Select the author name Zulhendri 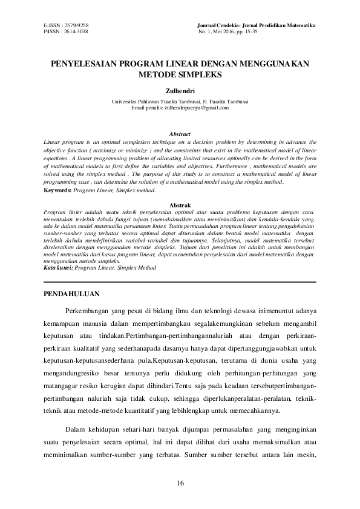pyautogui.click(x=180, y=91)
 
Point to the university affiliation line pyautogui.click(x=180, y=102)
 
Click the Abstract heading pyautogui.click(x=180, y=134)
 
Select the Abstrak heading pyautogui.click(x=180, y=206)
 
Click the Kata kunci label pyautogui.click(x=58, y=266)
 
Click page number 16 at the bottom pyautogui.click(x=180, y=482)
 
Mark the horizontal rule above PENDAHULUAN pyautogui.click(x=180, y=282)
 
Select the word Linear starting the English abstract pyautogui.click(x=53, y=140)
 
